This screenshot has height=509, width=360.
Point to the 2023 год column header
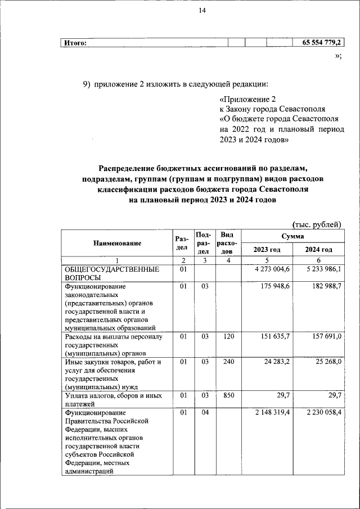(267, 250)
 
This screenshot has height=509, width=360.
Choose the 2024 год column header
(318, 250)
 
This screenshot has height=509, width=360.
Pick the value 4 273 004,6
(272, 269)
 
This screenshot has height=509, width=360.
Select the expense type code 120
(227, 336)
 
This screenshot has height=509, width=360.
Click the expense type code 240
(227, 362)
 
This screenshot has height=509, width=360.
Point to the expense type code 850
(227, 396)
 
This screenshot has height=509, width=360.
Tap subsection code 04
(204, 413)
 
